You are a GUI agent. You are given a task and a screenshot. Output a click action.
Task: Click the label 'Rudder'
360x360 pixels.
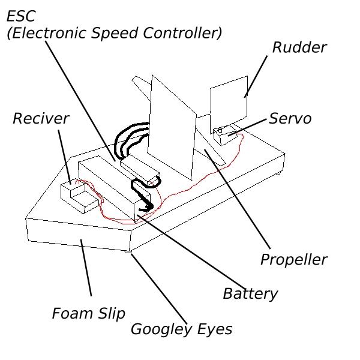[299, 47]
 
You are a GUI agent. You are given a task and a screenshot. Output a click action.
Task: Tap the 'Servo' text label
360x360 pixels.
[290, 118]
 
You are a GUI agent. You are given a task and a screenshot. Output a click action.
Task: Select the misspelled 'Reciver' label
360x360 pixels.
[41, 118]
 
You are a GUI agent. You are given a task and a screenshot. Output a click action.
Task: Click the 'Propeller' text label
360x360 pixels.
[293, 260]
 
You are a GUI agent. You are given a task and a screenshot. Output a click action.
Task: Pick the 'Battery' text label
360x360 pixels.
[250, 293]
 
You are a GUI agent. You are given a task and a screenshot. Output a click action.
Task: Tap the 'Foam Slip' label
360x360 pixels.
[88, 313]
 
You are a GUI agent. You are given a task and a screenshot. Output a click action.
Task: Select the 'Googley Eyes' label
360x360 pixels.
[181, 329]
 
